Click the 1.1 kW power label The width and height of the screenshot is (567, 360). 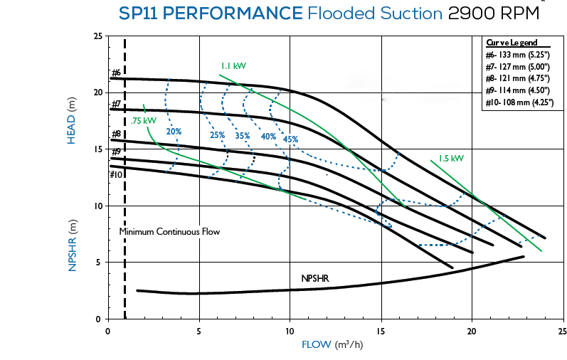tap(233, 66)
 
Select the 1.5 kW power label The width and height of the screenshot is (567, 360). tap(450, 158)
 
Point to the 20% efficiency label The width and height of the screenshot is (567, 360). tap(174, 132)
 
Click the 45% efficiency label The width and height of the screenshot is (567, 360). tap(290, 139)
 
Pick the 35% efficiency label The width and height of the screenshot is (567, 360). tap(243, 135)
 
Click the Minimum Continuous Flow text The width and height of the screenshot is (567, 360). tap(169, 232)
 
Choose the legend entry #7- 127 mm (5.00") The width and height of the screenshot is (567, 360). tap(517, 66)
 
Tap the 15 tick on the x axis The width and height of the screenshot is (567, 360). tap(381, 332)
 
